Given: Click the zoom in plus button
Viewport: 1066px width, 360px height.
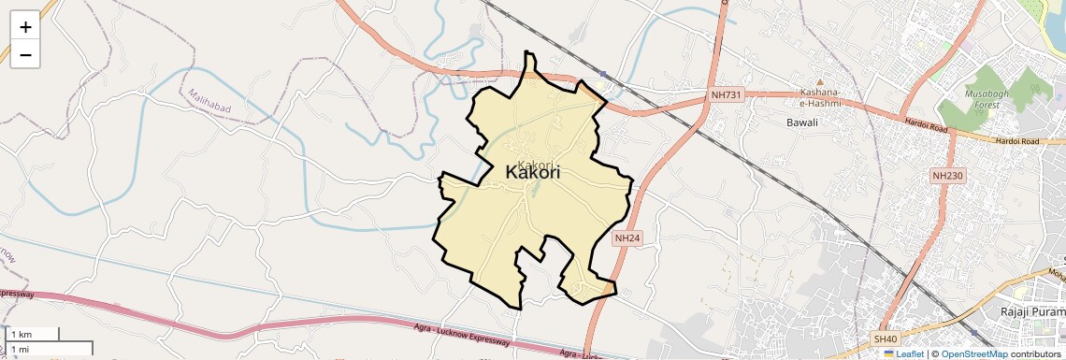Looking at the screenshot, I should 25,27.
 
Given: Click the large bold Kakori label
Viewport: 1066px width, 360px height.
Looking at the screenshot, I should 532,172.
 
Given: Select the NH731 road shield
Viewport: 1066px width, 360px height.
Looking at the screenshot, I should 726,94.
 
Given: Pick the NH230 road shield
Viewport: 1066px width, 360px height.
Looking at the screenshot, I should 947,175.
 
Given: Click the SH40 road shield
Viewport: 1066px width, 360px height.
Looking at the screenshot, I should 885,338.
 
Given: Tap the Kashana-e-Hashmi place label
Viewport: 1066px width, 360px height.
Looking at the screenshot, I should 820,97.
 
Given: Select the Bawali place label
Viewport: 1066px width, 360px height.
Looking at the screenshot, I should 802,122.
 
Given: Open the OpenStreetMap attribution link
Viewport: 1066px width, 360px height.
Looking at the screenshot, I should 973,353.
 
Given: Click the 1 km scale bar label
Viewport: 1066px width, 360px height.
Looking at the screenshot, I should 21,334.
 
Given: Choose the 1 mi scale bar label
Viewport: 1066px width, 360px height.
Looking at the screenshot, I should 19,349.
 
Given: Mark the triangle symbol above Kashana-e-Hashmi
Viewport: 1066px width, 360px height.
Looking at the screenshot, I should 820,81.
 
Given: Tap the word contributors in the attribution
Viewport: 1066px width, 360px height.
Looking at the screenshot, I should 1035,353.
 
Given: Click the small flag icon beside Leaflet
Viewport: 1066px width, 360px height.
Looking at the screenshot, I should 889,353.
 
